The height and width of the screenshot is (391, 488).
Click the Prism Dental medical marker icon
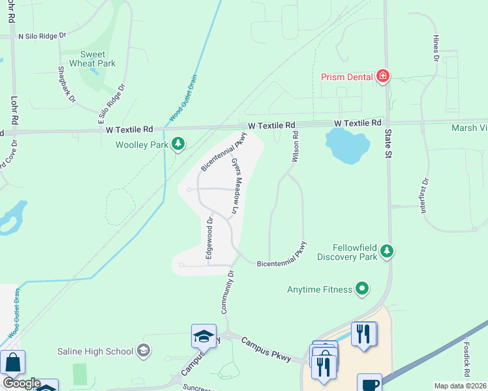pyautogui.click(x=383, y=77)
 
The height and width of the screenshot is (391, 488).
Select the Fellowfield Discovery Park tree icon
pyautogui.click(x=387, y=251)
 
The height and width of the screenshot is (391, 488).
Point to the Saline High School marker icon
pyautogui.click(x=144, y=351)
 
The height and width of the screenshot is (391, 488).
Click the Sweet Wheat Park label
pyautogui.click(x=97, y=59)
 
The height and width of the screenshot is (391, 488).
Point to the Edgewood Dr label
pyautogui.click(x=209, y=238)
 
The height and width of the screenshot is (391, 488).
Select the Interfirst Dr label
pyautogui.click(x=425, y=192)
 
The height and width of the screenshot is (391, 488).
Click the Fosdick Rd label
pyautogui.click(x=468, y=358)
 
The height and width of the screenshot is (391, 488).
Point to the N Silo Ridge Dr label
pyautogui.click(x=43, y=36)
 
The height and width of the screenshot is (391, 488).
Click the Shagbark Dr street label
pyautogui.click(x=67, y=85)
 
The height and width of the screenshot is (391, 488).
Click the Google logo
pyautogui.click(x=21, y=383)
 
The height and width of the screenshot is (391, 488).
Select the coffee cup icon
pyautogui.click(x=369, y=383)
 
